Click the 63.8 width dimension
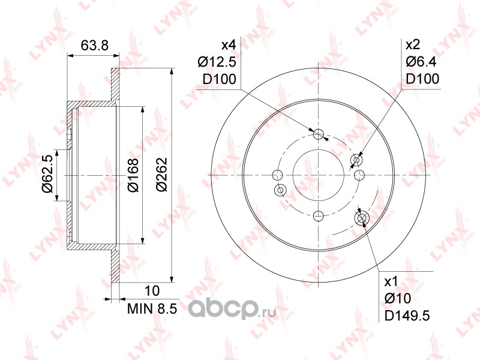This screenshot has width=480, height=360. (x=95, y=46)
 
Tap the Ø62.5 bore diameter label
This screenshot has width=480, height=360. (x=48, y=174)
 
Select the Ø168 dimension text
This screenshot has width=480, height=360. (x=133, y=175)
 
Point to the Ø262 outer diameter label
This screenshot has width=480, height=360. (x=161, y=175)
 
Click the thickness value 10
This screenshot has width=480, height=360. (x=152, y=291)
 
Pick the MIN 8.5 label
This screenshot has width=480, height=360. (x=152, y=308)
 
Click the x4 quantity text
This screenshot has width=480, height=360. (x=229, y=46)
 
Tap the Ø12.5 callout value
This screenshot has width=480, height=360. (x=217, y=62)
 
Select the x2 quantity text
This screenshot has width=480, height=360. (x=413, y=45)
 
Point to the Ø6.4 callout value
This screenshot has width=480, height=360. (x=421, y=62)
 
